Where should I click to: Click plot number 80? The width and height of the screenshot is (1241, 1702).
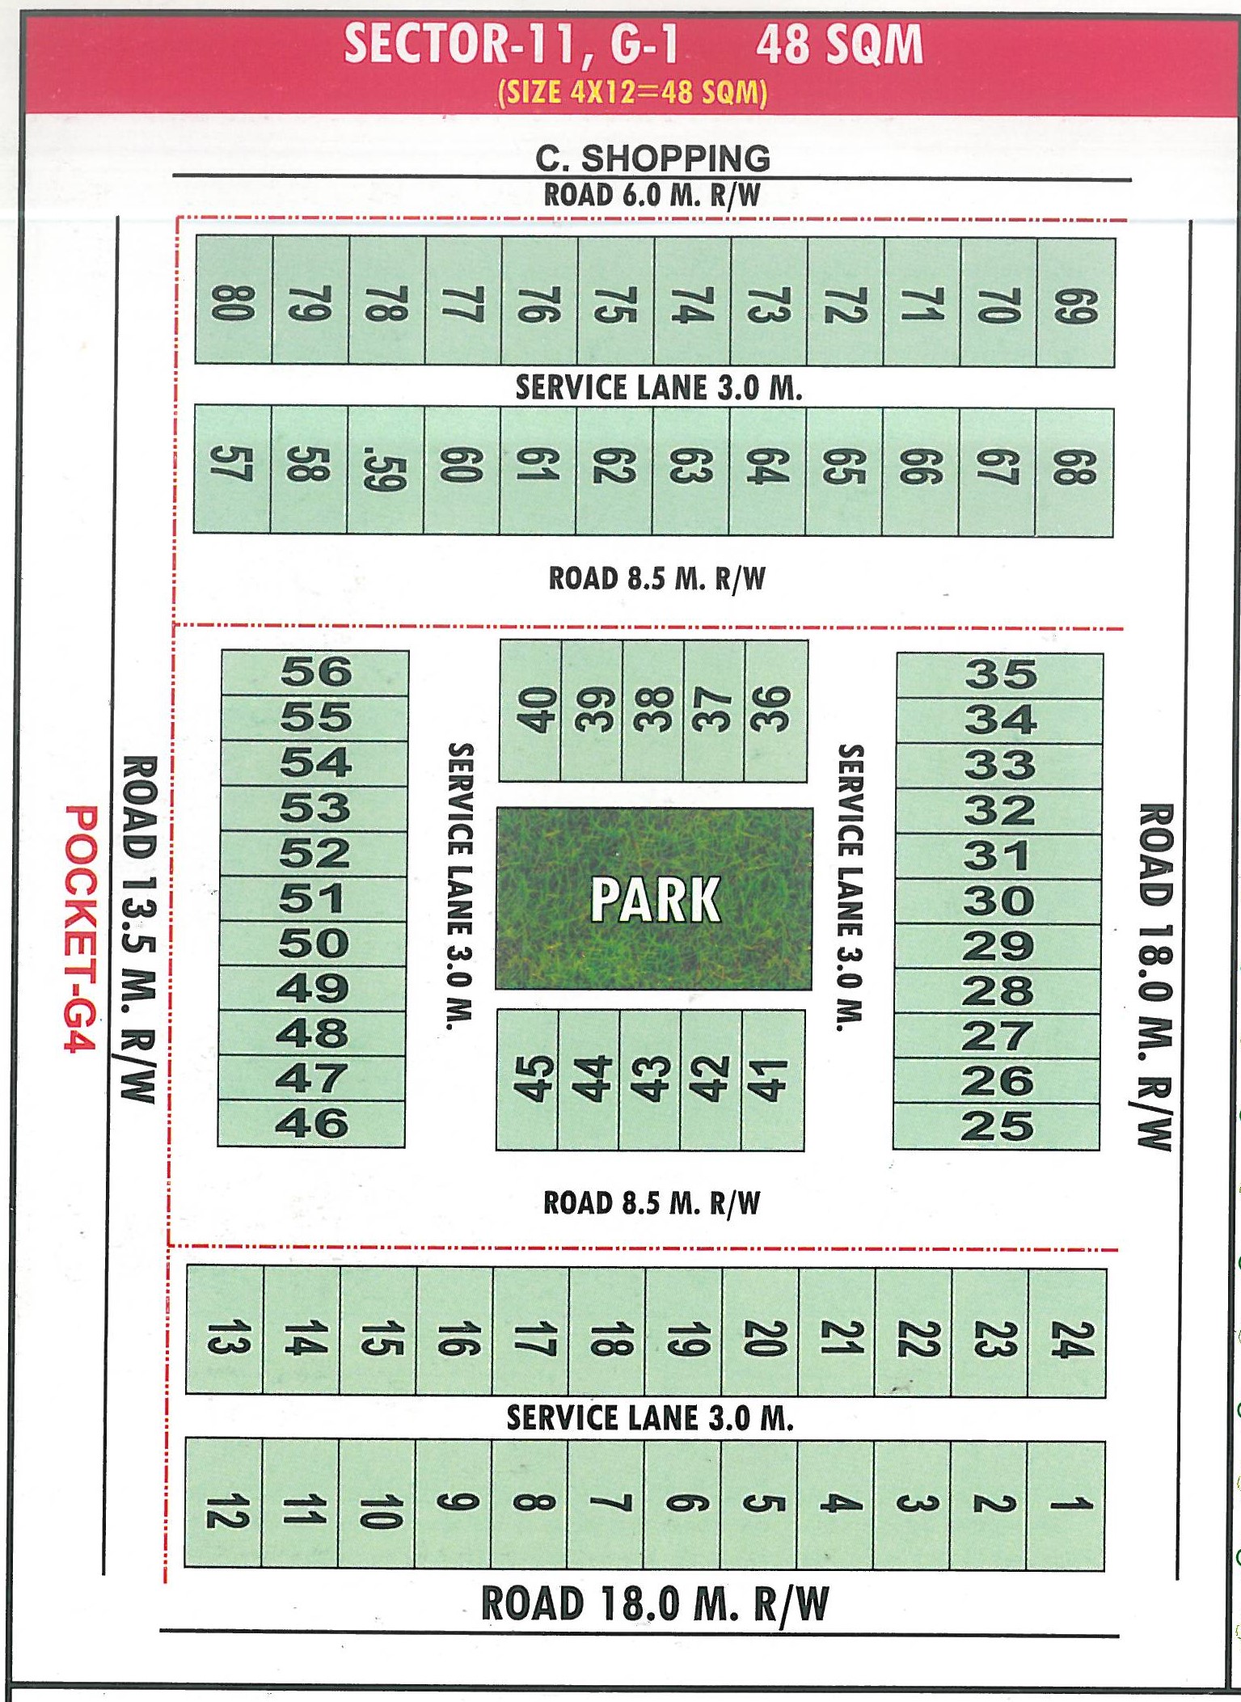coord(234,301)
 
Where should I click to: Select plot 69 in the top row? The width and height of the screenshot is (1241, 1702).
coord(1076,303)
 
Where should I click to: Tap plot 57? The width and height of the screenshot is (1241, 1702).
coord(232,470)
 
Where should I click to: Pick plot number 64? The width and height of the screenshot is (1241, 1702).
coord(766,471)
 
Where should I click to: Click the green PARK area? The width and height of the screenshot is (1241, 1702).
coord(654,898)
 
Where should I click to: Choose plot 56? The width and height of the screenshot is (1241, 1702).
coord(315,673)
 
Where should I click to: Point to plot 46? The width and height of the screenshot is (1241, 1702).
coord(312,1124)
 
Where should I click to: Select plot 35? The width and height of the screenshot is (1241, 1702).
coord(1000,675)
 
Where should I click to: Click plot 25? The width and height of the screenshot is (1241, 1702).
coord(997,1126)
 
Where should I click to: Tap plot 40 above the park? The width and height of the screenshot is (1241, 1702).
coord(531,711)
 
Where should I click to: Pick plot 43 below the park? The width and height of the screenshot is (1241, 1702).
coord(650,1079)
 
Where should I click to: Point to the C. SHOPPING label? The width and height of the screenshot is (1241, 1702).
coord(652,158)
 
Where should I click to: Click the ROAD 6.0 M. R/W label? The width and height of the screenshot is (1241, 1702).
coord(652,195)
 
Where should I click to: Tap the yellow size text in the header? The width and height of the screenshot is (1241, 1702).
coord(632,92)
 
